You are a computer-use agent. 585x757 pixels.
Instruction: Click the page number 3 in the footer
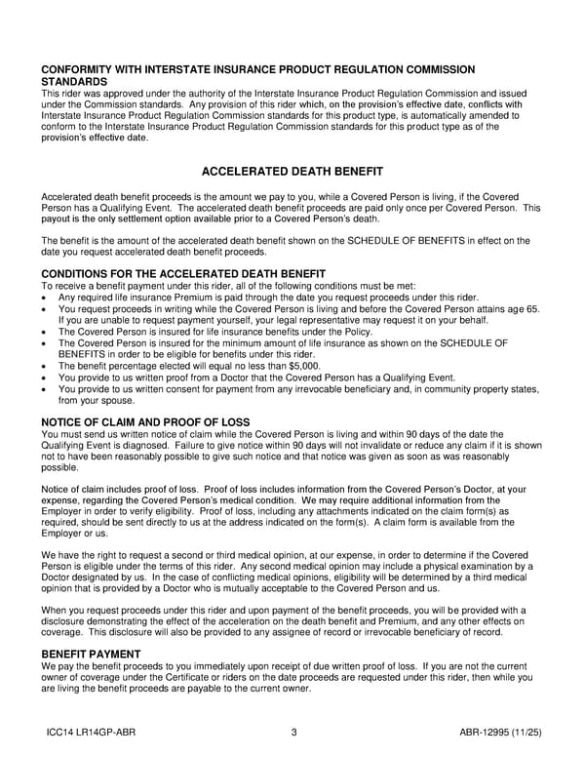coord(292,733)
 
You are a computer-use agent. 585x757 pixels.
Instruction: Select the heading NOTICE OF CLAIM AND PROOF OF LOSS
coord(145,422)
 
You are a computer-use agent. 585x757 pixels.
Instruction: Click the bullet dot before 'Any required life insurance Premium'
coord(46,298)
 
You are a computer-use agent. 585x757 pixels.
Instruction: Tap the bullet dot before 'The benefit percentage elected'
coord(46,366)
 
